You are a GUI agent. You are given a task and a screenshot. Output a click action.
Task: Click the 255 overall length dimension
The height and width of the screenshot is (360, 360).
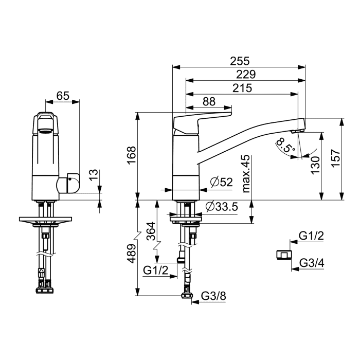(x=240, y=61)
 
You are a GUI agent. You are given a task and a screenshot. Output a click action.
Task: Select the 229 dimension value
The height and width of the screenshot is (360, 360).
(x=246, y=75)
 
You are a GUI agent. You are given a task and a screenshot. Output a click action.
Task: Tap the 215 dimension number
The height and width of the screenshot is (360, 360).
(x=242, y=88)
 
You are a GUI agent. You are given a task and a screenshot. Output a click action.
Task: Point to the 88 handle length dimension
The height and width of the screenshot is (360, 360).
(x=209, y=101)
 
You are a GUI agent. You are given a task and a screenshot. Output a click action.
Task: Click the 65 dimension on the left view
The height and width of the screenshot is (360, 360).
(x=63, y=96)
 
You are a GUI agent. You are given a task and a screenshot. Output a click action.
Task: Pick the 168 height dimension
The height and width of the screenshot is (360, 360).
(x=132, y=155)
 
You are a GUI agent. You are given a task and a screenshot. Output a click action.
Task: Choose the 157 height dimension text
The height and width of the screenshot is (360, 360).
(x=336, y=158)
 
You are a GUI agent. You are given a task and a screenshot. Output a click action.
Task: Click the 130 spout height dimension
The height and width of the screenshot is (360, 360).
(x=315, y=165)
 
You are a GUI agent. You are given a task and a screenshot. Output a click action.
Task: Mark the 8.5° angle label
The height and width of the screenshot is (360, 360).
(x=285, y=145)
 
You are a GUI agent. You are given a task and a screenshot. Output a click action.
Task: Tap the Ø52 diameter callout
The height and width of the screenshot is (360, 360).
(x=221, y=182)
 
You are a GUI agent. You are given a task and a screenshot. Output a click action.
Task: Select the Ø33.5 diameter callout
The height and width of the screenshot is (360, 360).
(x=222, y=207)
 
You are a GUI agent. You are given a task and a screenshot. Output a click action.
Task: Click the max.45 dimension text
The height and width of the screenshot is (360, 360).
(x=246, y=174)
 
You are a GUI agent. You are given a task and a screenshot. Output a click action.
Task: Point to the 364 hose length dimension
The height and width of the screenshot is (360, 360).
(x=151, y=231)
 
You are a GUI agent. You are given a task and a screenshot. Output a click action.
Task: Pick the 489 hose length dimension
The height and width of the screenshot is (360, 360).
(x=131, y=254)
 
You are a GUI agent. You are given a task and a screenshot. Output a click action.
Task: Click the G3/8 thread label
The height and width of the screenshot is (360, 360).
(x=213, y=296)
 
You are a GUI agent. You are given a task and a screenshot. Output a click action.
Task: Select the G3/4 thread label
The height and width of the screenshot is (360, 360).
(x=312, y=263)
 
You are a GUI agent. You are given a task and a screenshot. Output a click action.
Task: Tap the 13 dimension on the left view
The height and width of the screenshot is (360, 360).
(x=94, y=175)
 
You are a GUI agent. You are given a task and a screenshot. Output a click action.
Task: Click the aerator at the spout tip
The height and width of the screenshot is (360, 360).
(x=298, y=131)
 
